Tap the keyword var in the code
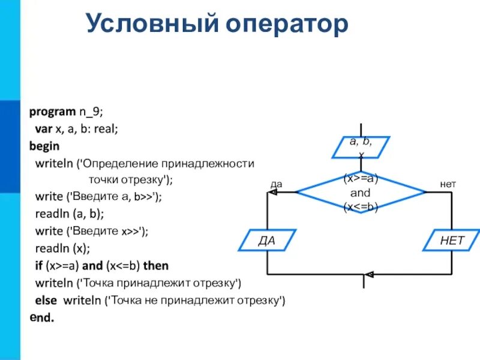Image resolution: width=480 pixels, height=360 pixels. (x=43, y=128)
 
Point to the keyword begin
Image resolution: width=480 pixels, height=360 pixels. (x=44, y=146)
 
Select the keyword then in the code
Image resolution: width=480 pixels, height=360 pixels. (x=155, y=265)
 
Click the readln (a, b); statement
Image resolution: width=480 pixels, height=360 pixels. (x=70, y=214)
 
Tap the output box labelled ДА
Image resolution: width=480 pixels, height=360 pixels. (x=266, y=241)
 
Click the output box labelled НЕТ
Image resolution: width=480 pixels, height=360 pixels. (x=452, y=241)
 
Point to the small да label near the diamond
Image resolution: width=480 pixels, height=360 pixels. (x=276, y=185)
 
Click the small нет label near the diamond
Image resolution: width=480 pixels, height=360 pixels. (x=448, y=185)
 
